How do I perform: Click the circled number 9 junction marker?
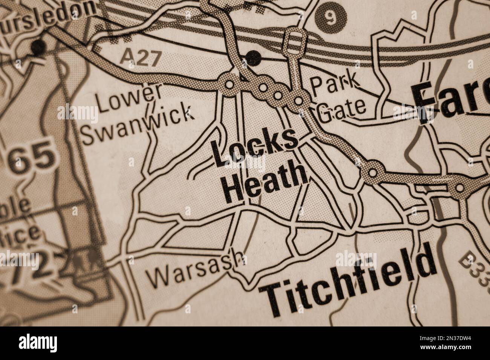tap(330, 19)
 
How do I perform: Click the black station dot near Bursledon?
tap(39, 47)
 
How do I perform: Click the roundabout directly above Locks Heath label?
tap(229, 85)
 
